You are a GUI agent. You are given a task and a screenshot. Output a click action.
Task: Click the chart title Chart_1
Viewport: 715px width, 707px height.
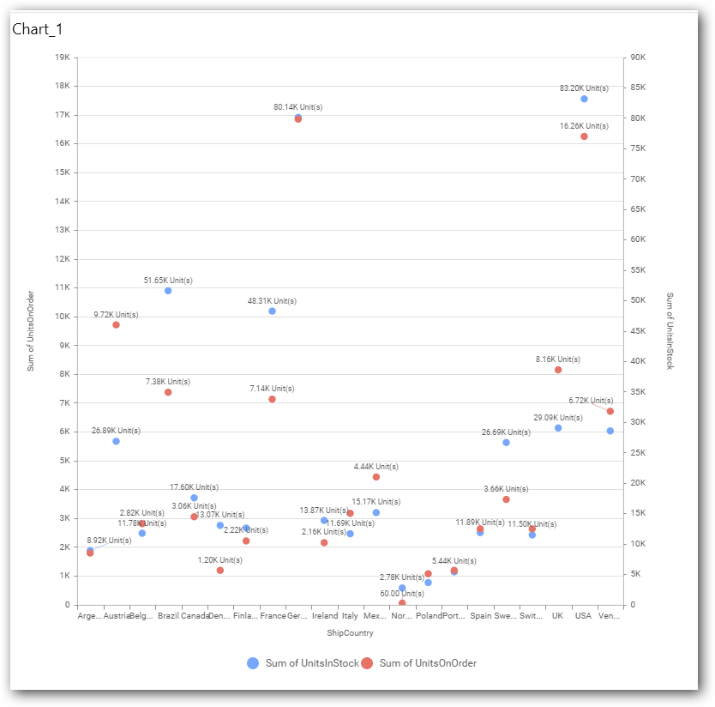37,29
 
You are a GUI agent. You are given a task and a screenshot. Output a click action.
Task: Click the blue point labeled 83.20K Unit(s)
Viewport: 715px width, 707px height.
584,99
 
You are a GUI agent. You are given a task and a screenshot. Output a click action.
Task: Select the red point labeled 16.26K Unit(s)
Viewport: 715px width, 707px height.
584,136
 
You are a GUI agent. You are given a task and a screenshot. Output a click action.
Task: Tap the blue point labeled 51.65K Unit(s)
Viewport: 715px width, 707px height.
168,291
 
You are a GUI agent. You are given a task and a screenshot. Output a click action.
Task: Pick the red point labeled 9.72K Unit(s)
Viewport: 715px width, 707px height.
116,325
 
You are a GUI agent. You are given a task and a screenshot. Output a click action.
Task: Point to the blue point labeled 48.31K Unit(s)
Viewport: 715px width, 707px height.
272,311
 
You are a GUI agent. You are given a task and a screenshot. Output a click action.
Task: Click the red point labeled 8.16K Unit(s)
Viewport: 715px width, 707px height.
558,370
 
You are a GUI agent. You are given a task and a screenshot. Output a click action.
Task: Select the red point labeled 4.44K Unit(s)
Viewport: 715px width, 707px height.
376,477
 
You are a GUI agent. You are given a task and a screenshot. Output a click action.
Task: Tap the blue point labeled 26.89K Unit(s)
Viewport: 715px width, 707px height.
116,441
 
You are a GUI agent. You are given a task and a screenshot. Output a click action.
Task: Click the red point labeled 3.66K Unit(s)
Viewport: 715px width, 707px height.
506,499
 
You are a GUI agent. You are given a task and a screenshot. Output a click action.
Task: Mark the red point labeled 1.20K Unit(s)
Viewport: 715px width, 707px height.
220,571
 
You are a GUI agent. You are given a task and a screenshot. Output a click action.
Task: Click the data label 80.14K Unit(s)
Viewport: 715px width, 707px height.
298,107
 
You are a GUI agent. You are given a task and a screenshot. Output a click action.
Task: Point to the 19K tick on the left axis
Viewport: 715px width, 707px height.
62,57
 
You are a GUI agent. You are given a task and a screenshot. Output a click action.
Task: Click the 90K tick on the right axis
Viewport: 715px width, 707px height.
638,57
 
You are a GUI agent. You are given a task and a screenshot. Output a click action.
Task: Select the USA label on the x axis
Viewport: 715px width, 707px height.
584,616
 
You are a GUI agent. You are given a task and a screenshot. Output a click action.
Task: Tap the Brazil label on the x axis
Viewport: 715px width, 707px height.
168,616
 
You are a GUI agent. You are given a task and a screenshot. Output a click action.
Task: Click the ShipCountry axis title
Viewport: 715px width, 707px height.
350,633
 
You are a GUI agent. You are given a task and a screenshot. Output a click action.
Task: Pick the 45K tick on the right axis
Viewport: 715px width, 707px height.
638,331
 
